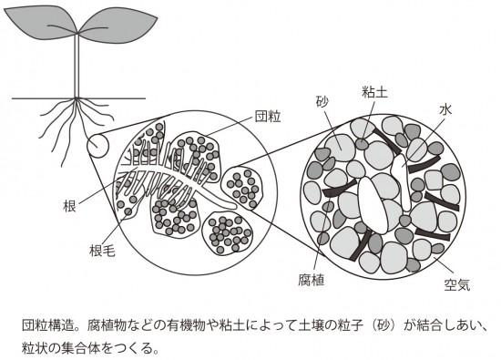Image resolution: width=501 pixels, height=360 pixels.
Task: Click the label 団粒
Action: point(268,117)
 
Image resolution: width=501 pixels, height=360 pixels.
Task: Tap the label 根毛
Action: point(103,252)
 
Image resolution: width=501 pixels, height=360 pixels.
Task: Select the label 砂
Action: point(322,102)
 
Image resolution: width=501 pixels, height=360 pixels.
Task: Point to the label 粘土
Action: point(374,92)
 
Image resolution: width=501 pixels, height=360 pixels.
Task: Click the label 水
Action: point(445,109)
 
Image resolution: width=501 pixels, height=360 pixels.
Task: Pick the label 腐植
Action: point(312,280)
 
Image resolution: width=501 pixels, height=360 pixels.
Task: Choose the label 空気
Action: point(457,284)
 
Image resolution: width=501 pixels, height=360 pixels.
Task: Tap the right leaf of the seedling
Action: point(118,26)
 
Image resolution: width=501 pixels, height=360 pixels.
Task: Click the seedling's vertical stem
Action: point(77,66)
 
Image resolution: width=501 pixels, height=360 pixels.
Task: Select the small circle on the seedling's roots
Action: point(98,147)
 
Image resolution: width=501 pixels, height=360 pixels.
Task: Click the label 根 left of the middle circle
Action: point(69,206)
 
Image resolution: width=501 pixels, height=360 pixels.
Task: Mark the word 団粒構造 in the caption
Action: point(47,325)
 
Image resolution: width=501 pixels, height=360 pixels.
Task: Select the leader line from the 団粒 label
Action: point(228,127)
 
